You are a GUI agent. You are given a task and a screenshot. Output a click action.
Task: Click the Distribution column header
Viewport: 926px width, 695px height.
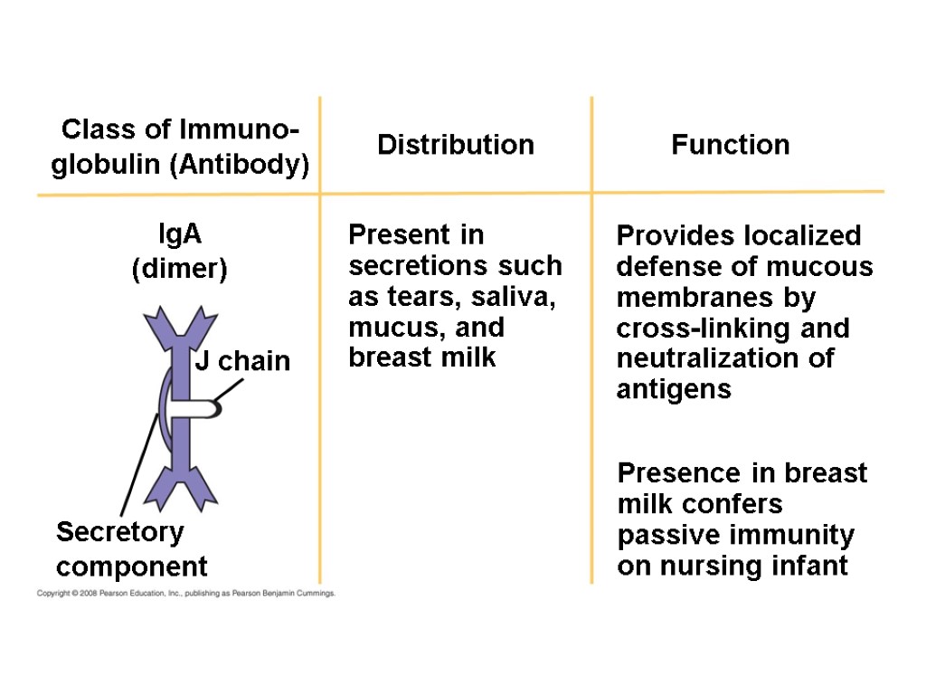455,145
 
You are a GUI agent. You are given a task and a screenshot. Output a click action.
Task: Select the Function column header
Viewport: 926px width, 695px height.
730,145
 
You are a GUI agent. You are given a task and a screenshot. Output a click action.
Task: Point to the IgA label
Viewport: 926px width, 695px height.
179,234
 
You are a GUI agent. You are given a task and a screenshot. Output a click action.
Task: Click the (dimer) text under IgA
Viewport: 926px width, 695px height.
179,270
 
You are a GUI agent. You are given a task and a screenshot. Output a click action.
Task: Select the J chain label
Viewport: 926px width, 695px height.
242,362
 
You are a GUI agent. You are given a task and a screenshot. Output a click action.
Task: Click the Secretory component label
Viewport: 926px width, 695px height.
131,549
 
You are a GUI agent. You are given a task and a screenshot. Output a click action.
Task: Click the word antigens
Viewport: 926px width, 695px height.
673,390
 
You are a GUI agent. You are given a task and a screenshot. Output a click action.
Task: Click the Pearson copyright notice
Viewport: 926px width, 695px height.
185,594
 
